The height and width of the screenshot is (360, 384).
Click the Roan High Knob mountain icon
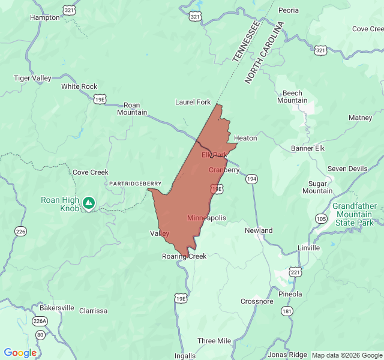click(x=89, y=203)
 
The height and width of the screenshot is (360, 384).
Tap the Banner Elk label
click(x=307, y=148)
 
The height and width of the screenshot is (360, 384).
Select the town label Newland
click(x=259, y=230)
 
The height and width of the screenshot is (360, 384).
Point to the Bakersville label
click(x=57, y=308)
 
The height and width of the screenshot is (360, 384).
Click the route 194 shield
click(x=252, y=179)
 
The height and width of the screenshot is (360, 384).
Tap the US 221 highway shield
click(x=295, y=272)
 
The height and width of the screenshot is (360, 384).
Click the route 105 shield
click(x=321, y=218)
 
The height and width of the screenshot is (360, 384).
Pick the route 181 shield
click(x=287, y=311)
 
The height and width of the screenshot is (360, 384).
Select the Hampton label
click(x=45, y=17)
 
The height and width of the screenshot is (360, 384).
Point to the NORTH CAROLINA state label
click(x=264, y=53)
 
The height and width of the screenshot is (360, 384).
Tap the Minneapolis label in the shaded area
click(x=206, y=218)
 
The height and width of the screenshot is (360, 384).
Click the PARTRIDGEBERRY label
click(x=135, y=184)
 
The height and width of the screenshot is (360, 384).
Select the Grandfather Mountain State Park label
click(x=355, y=214)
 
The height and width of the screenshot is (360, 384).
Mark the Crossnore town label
click(x=257, y=302)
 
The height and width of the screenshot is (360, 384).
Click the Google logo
click(x=20, y=353)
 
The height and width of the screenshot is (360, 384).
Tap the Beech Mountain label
click(x=292, y=97)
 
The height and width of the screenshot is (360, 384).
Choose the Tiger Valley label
click(x=33, y=78)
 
